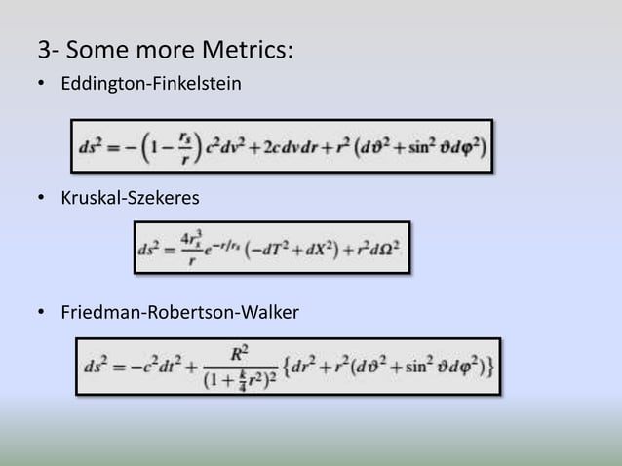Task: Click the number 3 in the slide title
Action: click(44, 49)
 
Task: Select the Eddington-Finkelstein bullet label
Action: click(150, 86)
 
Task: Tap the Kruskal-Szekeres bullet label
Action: click(130, 199)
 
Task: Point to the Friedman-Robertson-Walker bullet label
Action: click(179, 313)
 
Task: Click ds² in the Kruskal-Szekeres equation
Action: click(149, 249)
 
